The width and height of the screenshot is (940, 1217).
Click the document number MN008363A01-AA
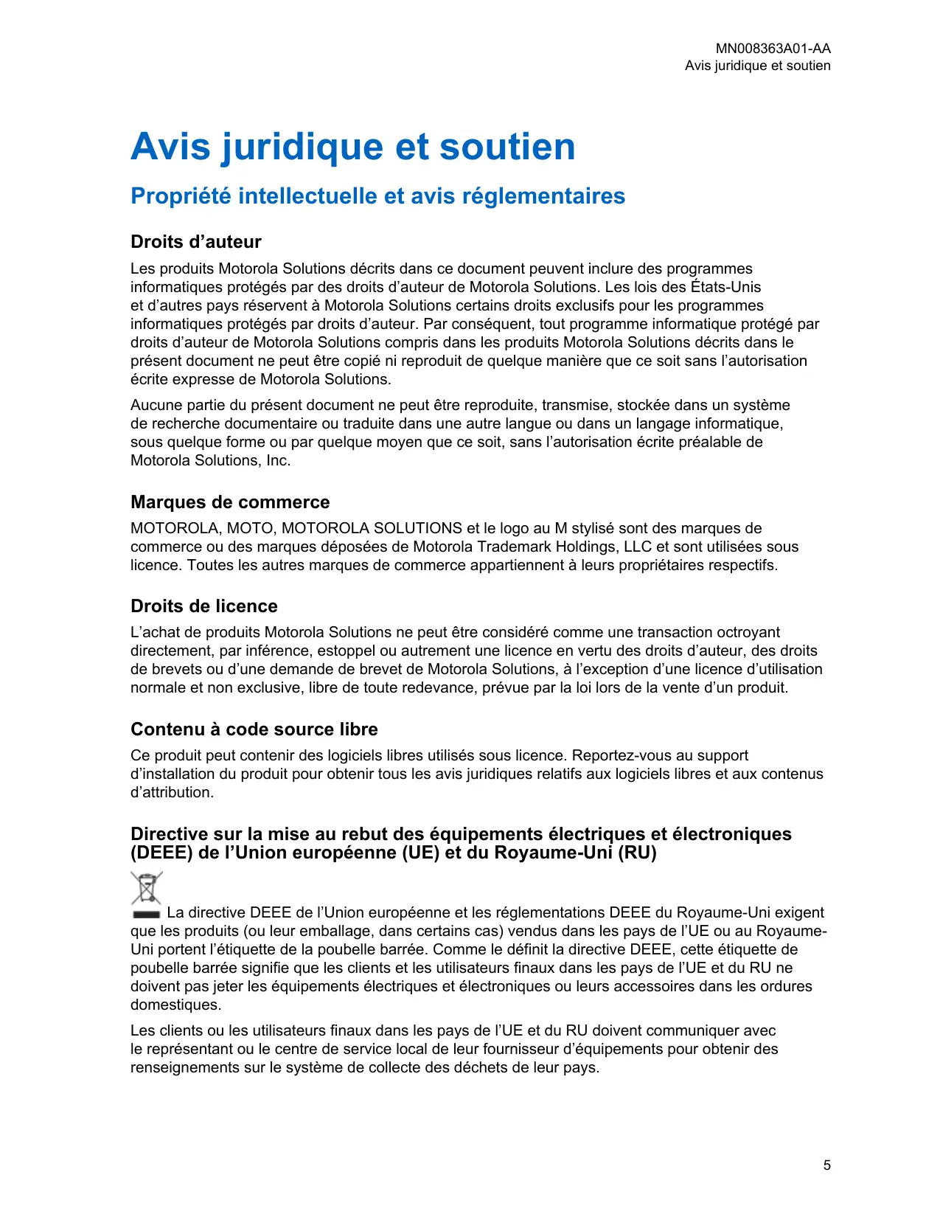point(773,49)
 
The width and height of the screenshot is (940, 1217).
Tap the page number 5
point(827,1165)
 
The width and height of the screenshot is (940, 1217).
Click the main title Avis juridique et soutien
point(352,146)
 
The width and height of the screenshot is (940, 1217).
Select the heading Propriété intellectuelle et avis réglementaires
point(377,196)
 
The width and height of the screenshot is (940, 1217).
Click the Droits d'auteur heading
point(195,242)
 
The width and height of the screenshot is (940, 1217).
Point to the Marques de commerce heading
point(230,502)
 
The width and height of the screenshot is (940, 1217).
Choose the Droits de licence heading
point(204,606)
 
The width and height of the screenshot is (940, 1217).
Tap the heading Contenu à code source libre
point(254,729)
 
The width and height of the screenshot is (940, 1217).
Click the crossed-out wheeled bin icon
point(147,890)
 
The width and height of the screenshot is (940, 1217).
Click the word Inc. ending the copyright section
point(279,460)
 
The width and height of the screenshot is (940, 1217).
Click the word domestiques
point(175,1005)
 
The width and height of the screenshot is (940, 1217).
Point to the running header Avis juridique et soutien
point(757,66)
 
